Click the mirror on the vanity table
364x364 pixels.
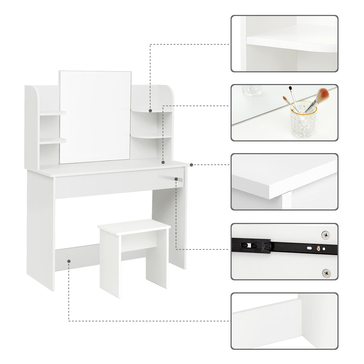click(95, 116)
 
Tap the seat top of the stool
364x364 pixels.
click(134, 227)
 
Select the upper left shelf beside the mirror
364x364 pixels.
click(53, 113)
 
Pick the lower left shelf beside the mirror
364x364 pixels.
click(53, 140)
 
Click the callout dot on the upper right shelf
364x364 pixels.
click(150, 111)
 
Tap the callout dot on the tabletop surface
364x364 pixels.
click(163, 163)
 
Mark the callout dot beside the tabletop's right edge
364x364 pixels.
click(191, 165)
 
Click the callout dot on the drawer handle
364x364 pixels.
click(176, 179)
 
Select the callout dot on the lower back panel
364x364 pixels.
click(69, 260)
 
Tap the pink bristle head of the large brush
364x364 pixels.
click(322, 96)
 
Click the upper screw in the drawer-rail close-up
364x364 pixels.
click(325, 235)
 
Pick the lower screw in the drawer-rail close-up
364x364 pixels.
click(326, 272)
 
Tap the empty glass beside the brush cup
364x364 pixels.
click(252, 91)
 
